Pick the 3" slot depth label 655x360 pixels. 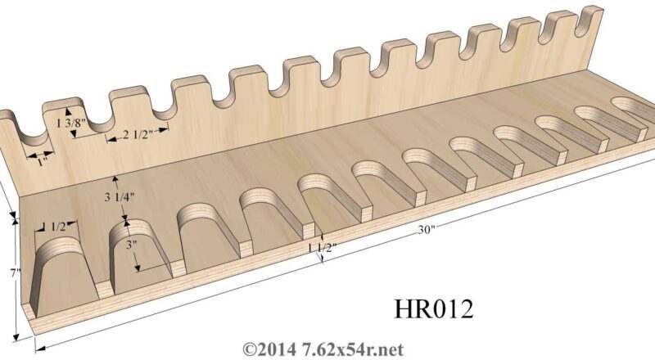[x=131, y=244]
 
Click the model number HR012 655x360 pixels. [x=431, y=310]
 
